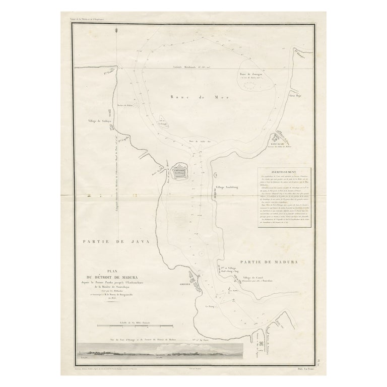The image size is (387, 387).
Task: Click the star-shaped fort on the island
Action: coord(179,172)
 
